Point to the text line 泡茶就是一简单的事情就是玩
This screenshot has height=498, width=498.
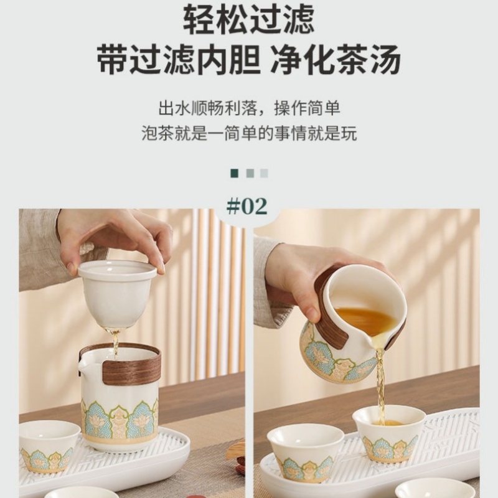tap(249, 133)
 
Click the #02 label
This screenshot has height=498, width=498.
tap(247, 206)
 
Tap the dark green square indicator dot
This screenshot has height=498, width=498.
tap(235, 173)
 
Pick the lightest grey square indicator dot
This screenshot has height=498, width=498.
tap(264, 173)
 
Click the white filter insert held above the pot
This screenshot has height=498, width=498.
tap(116, 293)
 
